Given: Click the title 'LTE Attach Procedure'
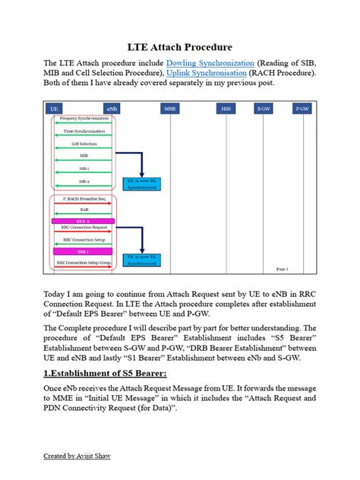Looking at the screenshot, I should tap(179, 47).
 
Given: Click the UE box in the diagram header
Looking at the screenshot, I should tap(55, 109).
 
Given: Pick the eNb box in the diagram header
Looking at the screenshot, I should tap(112, 109).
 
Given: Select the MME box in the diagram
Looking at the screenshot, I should tap(171, 109).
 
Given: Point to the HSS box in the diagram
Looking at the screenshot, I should tap(226, 109).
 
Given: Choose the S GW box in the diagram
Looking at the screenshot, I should tap(264, 109).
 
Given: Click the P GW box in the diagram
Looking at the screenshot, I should tap(302, 109).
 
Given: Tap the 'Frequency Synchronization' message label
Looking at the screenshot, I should tap(84, 118).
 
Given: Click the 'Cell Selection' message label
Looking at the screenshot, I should tap(84, 143).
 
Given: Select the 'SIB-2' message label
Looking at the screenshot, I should tap(84, 182).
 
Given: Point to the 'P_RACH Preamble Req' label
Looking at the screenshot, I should tap(84, 198).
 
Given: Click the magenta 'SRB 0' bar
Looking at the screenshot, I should tap(83, 221).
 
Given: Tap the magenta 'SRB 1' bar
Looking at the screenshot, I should tap(83, 249).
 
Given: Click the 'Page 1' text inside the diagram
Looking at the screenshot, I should tap(283, 269).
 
